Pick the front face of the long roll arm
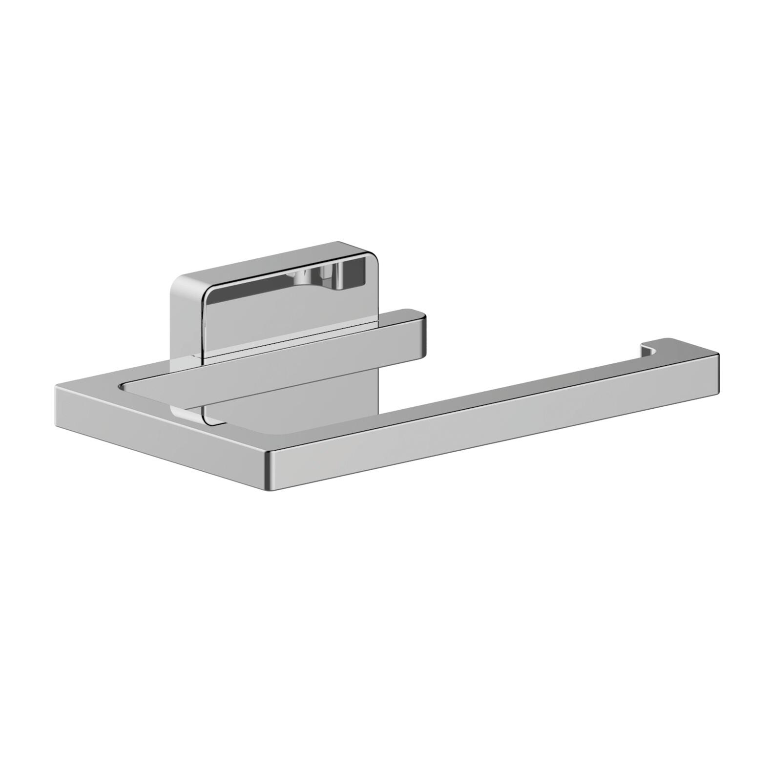click(x=488, y=430)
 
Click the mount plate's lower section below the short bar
click(x=293, y=405)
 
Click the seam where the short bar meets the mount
click(x=205, y=359)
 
